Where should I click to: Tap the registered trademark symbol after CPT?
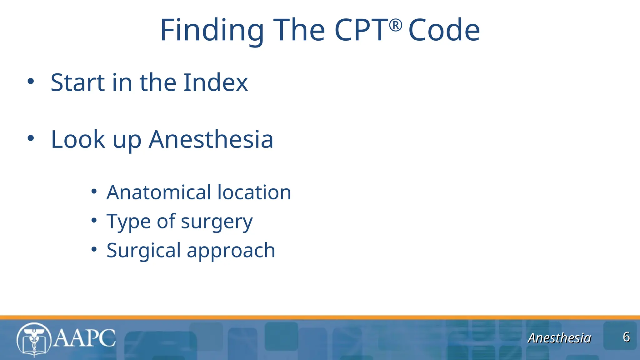[x=396, y=25]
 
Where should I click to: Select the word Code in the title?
[x=444, y=30]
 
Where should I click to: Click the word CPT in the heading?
[x=361, y=30]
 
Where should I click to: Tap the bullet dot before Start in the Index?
[x=31, y=81]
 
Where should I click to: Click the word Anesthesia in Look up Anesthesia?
[x=211, y=139]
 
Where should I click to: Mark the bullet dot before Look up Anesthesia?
[x=31, y=138]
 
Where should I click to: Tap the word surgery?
[x=217, y=222]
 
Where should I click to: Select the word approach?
[x=231, y=251]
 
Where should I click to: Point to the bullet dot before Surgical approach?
[x=94, y=249]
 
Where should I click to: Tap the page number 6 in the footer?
[x=626, y=337]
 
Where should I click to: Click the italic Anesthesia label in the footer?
[x=559, y=338]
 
